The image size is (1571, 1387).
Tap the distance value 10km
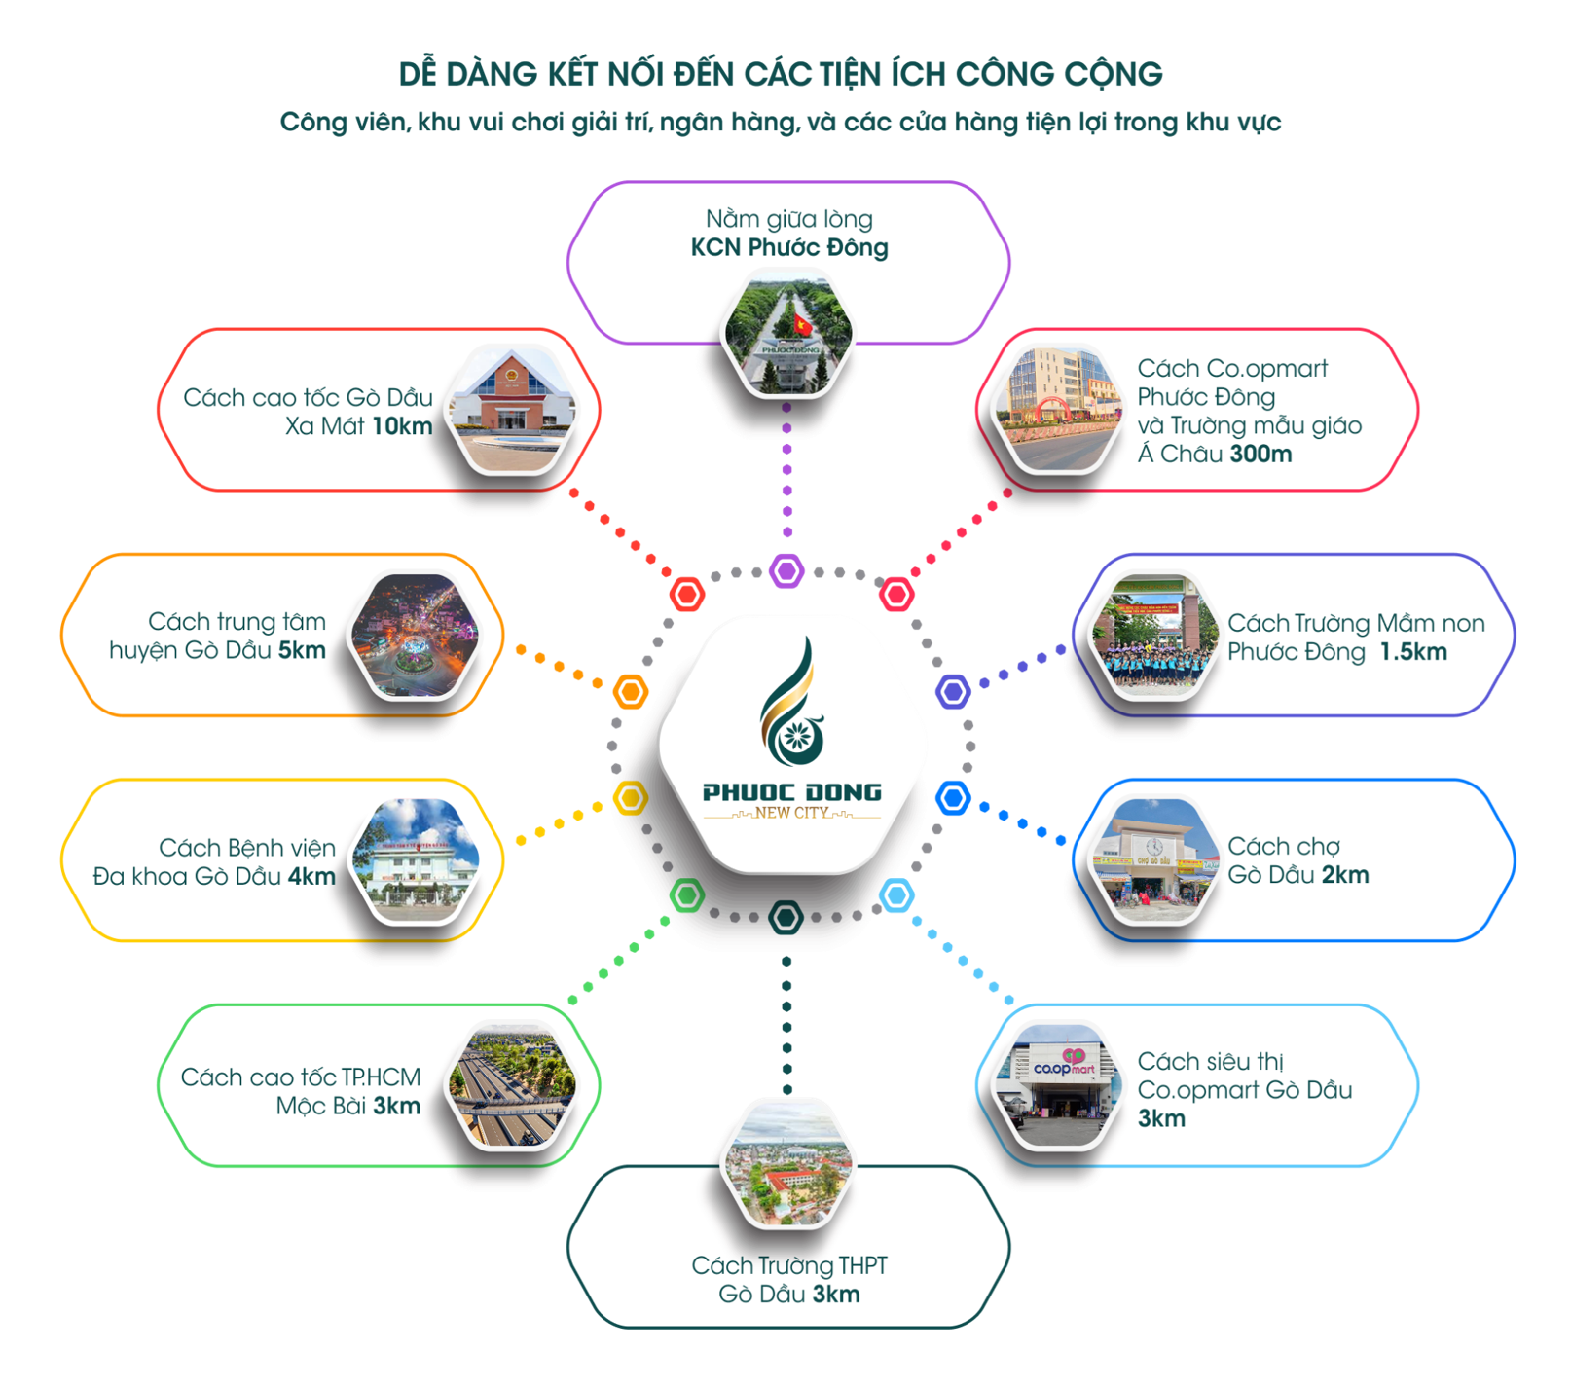pyautogui.click(x=402, y=426)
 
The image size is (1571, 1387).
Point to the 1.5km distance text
pyautogui.click(x=1412, y=652)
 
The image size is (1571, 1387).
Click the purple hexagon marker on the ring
pyautogui.click(x=786, y=571)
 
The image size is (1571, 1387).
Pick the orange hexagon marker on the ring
pyautogui.click(x=631, y=692)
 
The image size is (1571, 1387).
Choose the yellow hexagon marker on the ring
pyautogui.click(x=630, y=798)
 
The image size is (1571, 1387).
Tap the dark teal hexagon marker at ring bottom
pyautogui.click(x=785, y=917)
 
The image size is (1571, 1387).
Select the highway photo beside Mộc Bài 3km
pyautogui.click(x=511, y=1086)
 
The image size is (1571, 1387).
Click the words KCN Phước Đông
pyautogui.click(x=788, y=248)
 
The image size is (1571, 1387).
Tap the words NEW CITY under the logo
pyautogui.click(x=791, y=813)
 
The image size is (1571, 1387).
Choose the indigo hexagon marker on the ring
pyautogui.click(x=953, y=692)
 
